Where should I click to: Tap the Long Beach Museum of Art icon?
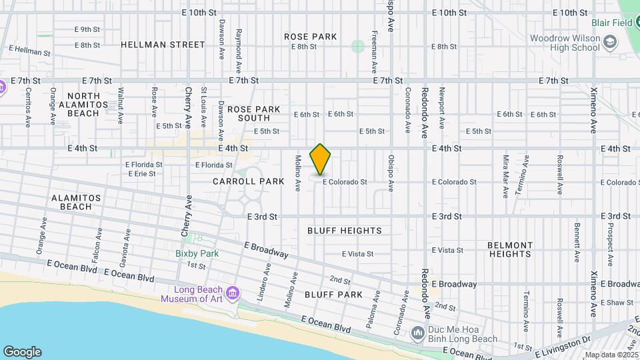[232, 292]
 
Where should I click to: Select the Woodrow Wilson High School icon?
[609, 43]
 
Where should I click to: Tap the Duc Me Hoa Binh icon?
[417, 332]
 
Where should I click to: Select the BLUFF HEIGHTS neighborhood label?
[345, 231]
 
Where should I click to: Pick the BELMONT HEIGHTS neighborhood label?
[510, 249]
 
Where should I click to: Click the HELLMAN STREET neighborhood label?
[163, 45]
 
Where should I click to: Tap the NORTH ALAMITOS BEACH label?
[83, 105]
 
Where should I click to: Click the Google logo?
[22, 351]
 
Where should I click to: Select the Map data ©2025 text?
[611, 355]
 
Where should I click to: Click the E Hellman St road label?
[29, 50]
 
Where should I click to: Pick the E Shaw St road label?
[617, 302]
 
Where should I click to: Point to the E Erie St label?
[141, 173]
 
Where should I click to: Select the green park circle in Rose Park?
[358, 46]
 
